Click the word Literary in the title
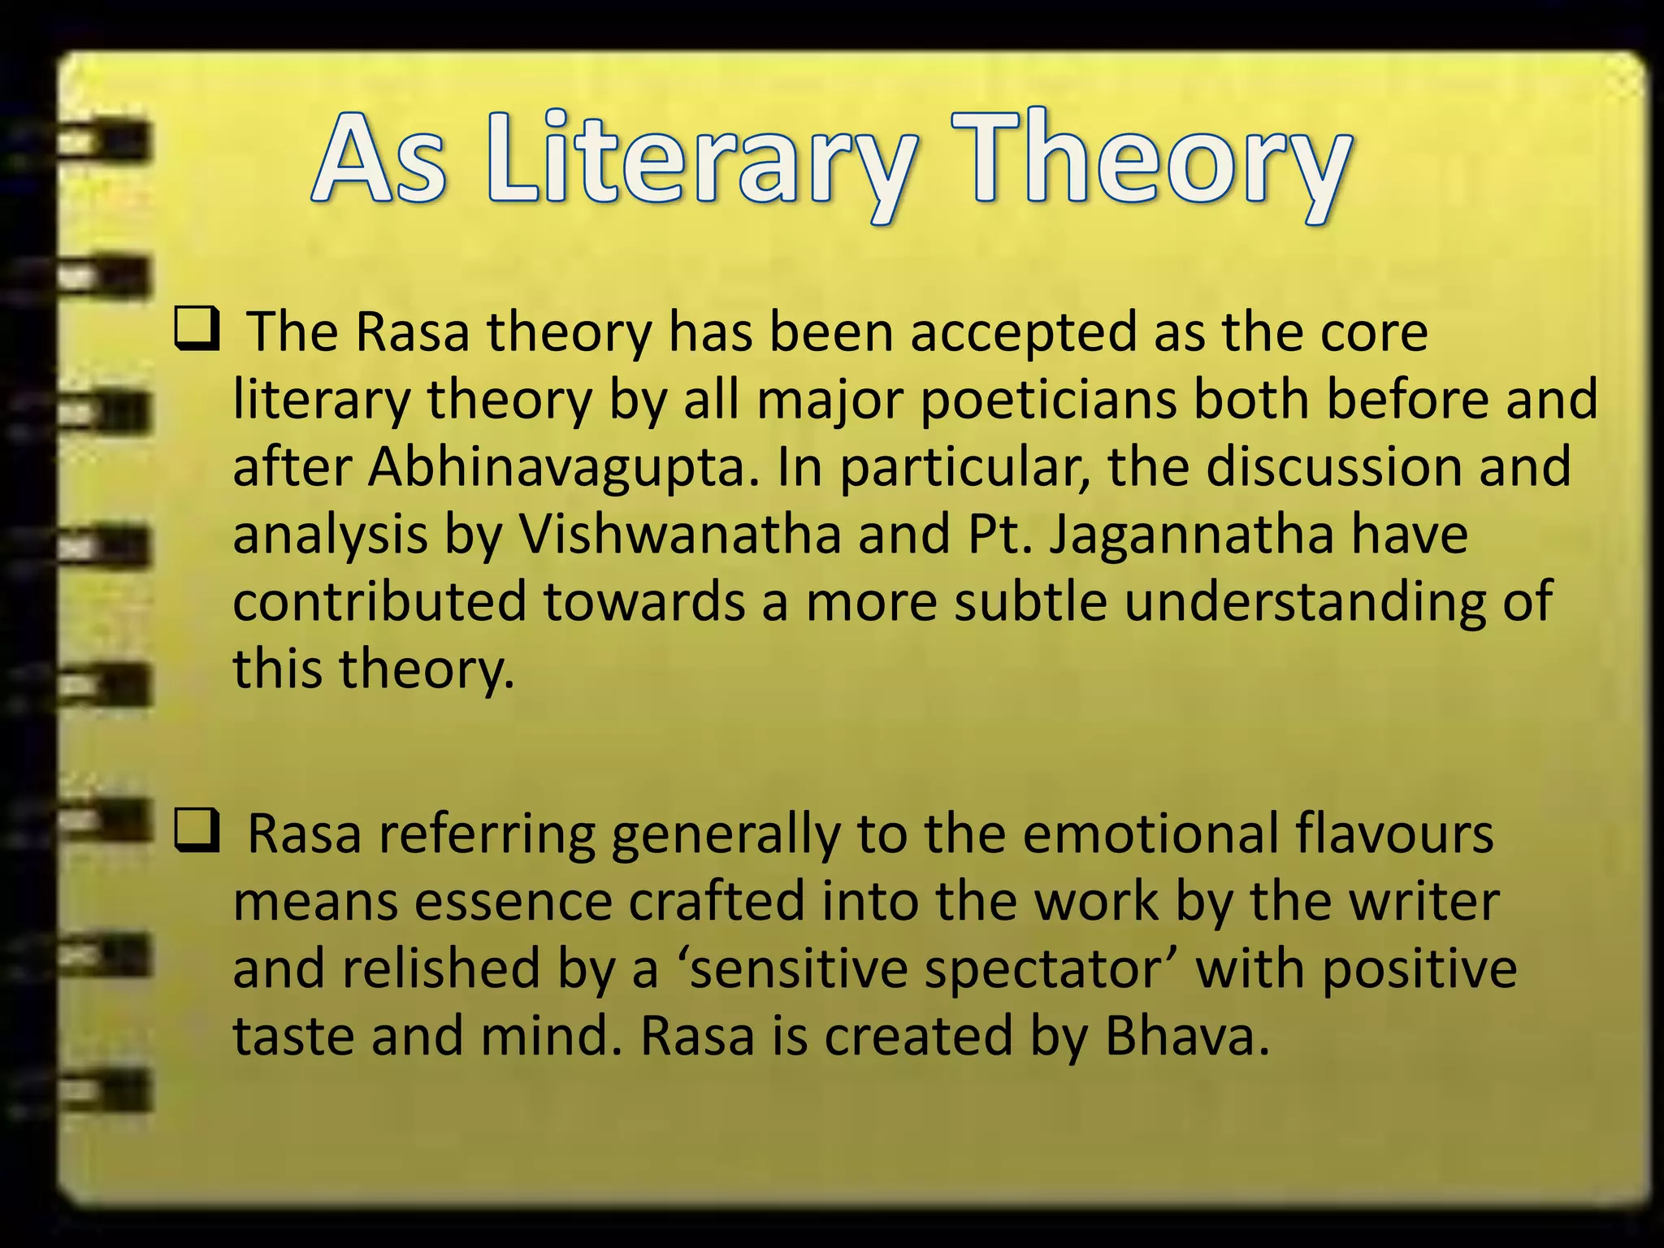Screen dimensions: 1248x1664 (x=704, y=158)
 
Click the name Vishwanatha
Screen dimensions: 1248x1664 (x=679, y=535)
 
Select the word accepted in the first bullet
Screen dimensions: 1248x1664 (x=1023, y=335)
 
